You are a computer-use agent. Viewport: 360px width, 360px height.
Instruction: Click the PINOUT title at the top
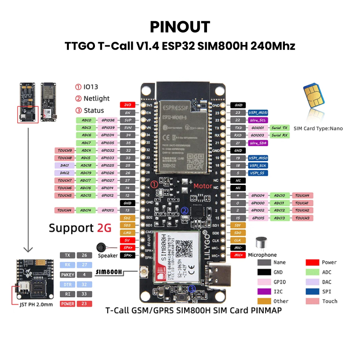pyautogui.click(x=180, y=26)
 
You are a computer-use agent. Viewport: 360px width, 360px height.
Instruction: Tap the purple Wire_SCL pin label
pyautogui.click(x=258, y=120)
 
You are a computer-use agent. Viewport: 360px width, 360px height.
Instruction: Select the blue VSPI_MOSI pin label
pyautogui.click(x=258, y=112)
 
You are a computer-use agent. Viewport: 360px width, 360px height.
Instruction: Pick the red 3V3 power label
pyautogui.click(x=127, y=105)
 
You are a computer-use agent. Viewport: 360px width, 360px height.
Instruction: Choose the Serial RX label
pyautogui.click(x=279, y=135)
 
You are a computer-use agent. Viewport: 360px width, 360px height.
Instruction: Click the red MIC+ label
pyautogui.click(x=238, y=255)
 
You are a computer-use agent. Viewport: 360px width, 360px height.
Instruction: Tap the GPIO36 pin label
pyautogui.click(x=108, y=120)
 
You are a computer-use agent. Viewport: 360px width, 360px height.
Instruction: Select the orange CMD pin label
pyautogui.click(x=127, y=233)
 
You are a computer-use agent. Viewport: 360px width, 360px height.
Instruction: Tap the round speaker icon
pyautogui.click(x=102, y=247)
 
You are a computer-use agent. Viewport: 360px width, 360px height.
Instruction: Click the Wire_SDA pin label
pyautogui.click(x=258, y=143)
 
